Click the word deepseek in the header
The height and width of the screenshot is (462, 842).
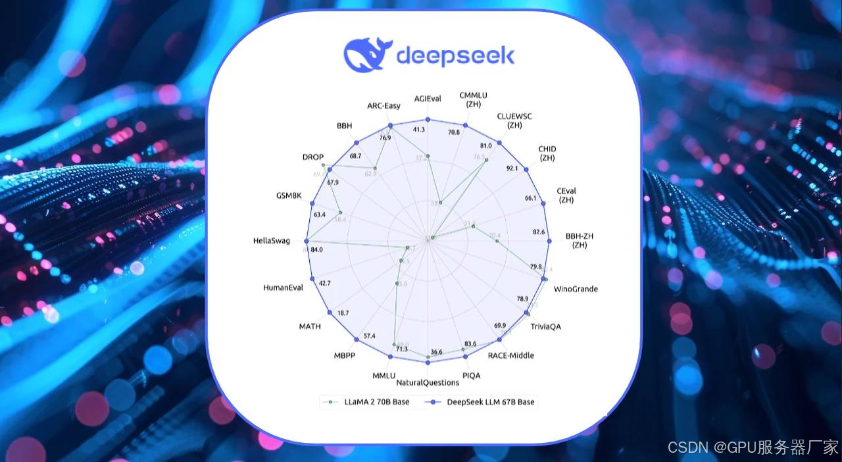pyautogui.click(x=455, y=55)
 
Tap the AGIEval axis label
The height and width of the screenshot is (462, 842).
pyautogui.click(x=427, y=99)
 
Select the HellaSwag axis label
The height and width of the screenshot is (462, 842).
pyautogui.click(x=271, y=241)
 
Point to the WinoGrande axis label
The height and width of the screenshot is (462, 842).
pyautogui.click(x=576, y=289)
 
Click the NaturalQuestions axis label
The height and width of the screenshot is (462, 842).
pyautogui.click(x=428, y=382)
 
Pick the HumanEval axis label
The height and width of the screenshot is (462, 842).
pyautogui.click(x=283, y=288)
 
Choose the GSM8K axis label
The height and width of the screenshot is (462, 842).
pyautogui.click(x=289, y=195)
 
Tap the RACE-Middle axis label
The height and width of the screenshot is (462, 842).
pyautogui.click(x=510, y=355)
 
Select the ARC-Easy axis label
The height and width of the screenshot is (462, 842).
pyautogui.click(x=384, y=106)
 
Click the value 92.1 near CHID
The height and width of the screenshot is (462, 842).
pyautogui.click(x=512, y=168)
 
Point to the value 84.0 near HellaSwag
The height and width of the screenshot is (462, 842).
pyautogui.click(x=316, y=250)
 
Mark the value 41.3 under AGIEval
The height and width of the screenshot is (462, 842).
pyautogui.click(x=419, y=130)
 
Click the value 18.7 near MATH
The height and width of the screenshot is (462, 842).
pyautogui.click(x=343, y=313)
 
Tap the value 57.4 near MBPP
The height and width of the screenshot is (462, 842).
pyautogui.click(x=369, y=336)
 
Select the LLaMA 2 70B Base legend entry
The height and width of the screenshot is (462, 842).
pyautogui.click(x=368, y=402)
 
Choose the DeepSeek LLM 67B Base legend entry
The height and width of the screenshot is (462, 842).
pyautogui.click(x=483, y=402)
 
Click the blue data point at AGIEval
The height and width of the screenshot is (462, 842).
pyautogui.click(x=428, y=120)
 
